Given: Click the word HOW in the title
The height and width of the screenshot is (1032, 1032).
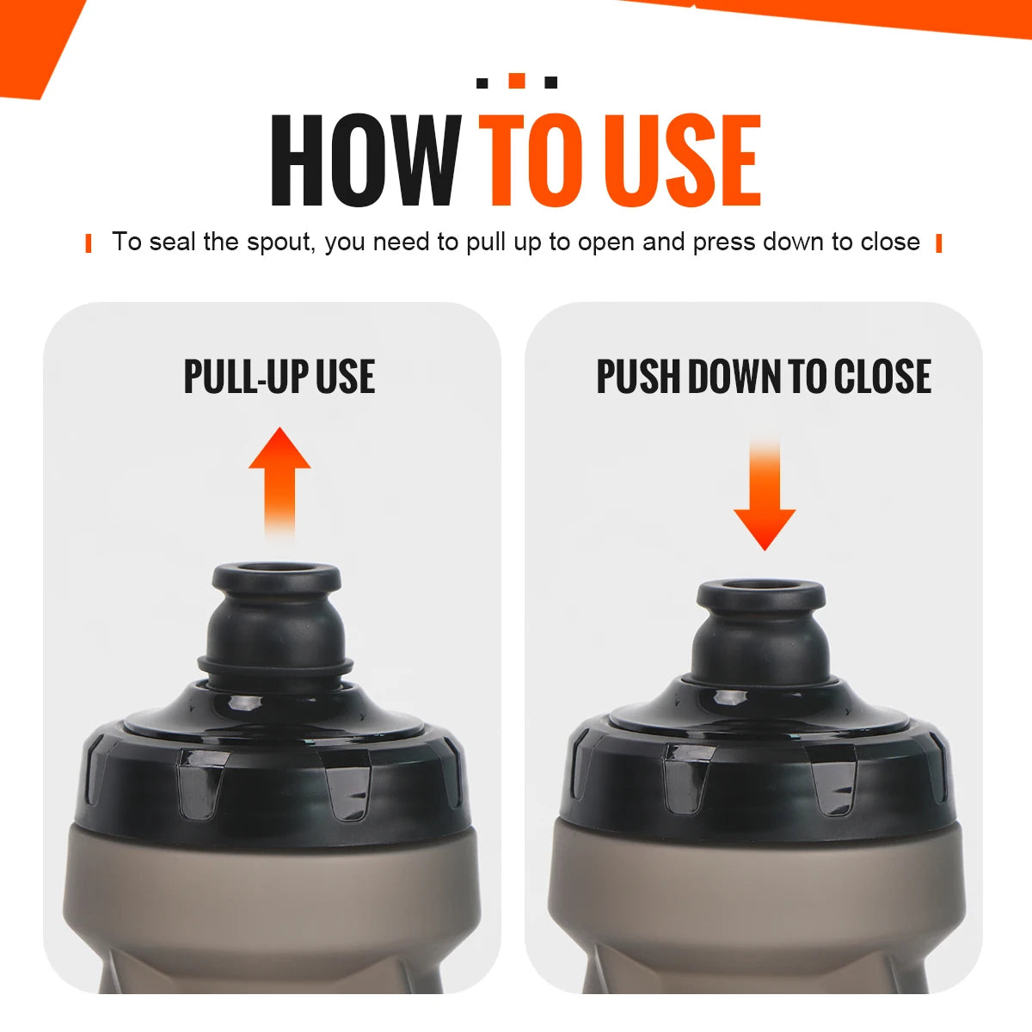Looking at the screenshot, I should point(365,161).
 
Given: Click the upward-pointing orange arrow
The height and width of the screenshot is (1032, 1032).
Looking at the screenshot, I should point(279,477).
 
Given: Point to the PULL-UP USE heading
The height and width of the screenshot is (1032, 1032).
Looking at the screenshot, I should point(279,377).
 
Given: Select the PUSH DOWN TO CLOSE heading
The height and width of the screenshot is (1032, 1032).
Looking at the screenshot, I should point(764,377).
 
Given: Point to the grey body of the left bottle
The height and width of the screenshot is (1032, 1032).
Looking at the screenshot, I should point(275,912).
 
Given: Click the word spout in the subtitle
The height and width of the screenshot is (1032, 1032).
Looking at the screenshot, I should point(281,243).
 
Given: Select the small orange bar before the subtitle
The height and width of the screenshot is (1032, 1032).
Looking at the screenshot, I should point(89,243).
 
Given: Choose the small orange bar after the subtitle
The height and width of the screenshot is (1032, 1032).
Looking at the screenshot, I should point(938,243).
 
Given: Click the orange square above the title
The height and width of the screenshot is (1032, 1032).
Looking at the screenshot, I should point(517,81).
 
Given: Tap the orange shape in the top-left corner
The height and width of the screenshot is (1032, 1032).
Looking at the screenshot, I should point(34,43).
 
